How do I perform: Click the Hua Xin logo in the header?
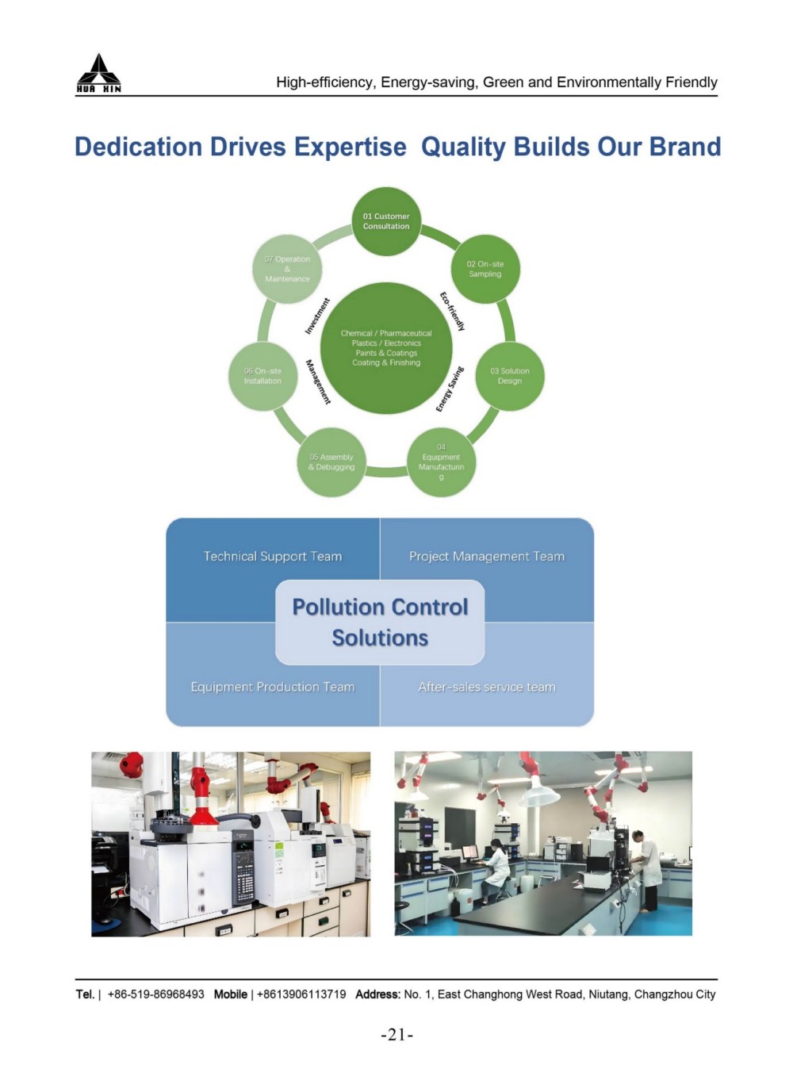(x=99, y=74)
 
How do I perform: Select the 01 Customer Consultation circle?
(x=386, y=221)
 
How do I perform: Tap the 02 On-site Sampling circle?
(x=485, y=269)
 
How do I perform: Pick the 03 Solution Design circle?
(x=509, y=376)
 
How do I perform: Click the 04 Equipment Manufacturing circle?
(x=441, y=462)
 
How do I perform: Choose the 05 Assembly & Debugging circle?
(x=331, y=462)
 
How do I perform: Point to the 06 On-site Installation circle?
(x=262, y=376)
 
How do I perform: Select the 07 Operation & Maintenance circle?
(x=287, y=269)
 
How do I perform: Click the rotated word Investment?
(x=317, y=316)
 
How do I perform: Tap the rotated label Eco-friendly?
(x=452, y=311)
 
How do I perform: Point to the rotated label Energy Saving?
(x=449, y=389)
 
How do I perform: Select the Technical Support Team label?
(x=273, y=557)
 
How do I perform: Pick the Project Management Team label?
(x=487, y=557)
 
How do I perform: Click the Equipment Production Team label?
(x=273, y=687)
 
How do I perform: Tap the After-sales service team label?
(x=487, y=687)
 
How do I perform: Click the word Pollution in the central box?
(x=338, y=607)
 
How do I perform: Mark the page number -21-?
(x=397, y=1035)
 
